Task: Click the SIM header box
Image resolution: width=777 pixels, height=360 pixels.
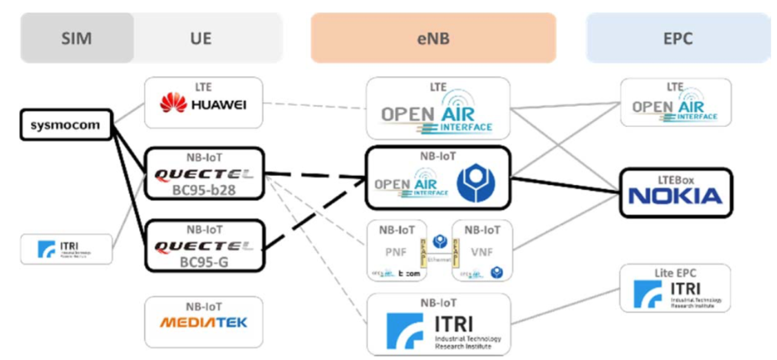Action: pos(77,38)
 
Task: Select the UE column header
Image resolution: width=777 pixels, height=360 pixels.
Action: pos(201,38)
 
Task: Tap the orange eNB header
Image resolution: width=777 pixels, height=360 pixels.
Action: pos(433,38)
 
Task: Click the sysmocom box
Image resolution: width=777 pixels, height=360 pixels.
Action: pos(66,125)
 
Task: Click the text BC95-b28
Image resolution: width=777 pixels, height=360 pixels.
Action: pos(203,190)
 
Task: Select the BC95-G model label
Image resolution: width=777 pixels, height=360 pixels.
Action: pos(203,262)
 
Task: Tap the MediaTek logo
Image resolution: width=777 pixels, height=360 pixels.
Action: pos(203,323)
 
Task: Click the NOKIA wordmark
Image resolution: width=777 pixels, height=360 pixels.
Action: pos(675,197)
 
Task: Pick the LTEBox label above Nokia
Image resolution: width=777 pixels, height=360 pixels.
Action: pos(676,180)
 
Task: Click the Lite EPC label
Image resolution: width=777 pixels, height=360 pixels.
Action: pos(675,273)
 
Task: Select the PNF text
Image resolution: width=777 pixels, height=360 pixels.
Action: pos(396,252)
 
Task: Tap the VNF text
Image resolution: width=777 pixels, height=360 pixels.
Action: pos(482,252)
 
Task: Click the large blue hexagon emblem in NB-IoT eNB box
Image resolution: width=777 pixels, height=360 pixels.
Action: pos(476,182)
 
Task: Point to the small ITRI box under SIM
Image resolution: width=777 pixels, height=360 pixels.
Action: pos(66,249)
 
